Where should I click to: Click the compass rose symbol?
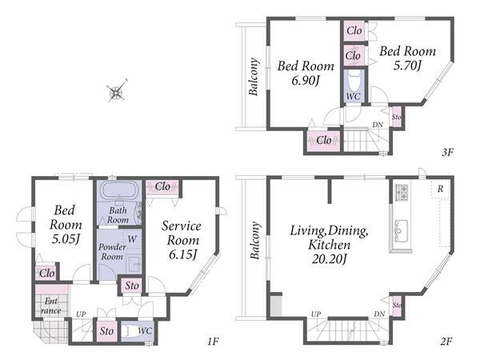pos(117,91)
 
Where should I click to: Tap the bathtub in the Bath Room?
pos(119,190)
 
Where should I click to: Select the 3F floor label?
pos(447,152)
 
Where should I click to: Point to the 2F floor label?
pos(446,341)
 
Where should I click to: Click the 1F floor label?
pos(213,341)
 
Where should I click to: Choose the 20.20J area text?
pos(329,259)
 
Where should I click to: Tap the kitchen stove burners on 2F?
pos(402,193)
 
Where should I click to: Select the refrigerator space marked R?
pos(440,189)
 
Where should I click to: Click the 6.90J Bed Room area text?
pos(306,81)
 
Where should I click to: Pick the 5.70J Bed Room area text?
pos(407,66)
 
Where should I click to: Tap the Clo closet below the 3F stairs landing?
pos(323,141)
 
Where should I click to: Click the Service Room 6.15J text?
pos(182,240)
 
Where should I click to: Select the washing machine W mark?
pos(132,238)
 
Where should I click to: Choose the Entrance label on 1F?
pos(51,306)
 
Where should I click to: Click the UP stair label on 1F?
pos(81,314)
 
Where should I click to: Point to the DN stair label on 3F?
pos(378,125)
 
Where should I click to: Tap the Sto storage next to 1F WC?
pos(107,330)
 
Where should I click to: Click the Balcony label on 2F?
pos(255,240)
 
